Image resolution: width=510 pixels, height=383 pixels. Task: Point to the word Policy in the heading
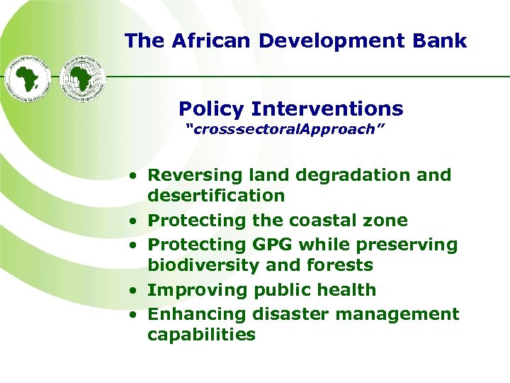pyautogui.click(x=211, y=109)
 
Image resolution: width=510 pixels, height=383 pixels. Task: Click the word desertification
pyautogui.click(x=216, y=196)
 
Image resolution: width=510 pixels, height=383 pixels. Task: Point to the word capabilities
pyautogui.click(x=201, y=334)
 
